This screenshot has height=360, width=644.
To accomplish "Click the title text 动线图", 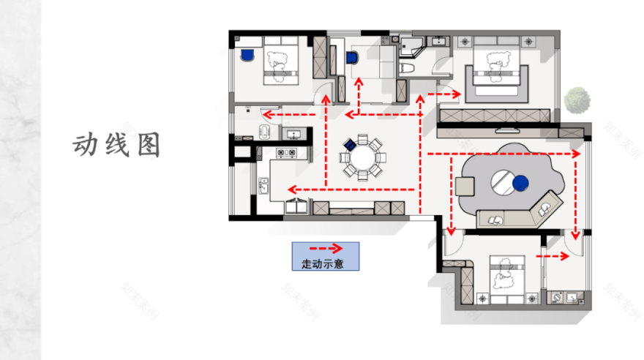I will tap(116, 145).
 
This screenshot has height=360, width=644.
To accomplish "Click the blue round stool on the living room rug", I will tap(520, 183).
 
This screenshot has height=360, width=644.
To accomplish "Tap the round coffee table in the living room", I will tap(503, 181).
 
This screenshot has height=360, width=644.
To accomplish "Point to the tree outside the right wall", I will tap(578, 100).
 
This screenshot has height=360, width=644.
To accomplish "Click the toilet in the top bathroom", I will tap(408, 68).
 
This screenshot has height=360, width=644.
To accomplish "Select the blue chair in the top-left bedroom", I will tap(247, 54).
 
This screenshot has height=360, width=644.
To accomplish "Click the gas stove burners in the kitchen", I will tap(286, 152).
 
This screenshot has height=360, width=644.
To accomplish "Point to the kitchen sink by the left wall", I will tap(263, 187).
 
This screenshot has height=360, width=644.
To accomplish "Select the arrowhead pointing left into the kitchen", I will tap(290, 187).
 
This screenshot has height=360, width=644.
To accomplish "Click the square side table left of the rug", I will tap(465, 186).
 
